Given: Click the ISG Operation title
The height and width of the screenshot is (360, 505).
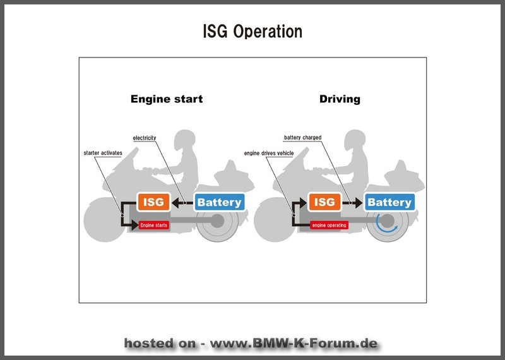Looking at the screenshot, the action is pyautogui.click(x=252, y=32).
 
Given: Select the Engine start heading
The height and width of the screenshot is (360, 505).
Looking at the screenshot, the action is pyautogui.click(x=167, y=99).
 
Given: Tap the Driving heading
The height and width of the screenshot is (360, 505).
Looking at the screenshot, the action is pyautogui.click(x=340, y=99).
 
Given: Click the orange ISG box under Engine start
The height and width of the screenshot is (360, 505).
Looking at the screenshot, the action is pyautogui.click(x=153, y=202).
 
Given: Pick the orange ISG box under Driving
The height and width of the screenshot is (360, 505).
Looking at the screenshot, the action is pyautogui.click(x=324, y=202).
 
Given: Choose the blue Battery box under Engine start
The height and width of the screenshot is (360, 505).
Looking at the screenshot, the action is pyautogui.click(x=219, y=202).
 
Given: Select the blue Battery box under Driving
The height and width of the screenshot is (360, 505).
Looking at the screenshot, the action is pyautogui.click(x=389, y=202).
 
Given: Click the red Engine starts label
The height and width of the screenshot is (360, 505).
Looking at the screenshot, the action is pyautogui.click(x=154, y=225).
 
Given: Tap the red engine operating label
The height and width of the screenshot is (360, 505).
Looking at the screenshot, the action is pyautogui.click(x=329, y=225).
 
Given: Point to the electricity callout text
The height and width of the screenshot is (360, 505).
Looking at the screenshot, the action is pyautogui.click(x=145, y=138).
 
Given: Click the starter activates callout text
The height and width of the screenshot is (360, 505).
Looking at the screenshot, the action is pyautogui.click(x=103, y=153).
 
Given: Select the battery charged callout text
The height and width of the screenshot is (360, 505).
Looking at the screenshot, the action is pyautogui.click(x=303, y=138).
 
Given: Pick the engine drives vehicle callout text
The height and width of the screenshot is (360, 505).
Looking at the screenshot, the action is pyautogui.click(x=269, y=153).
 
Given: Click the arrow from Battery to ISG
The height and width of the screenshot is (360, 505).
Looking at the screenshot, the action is pyautogui.click(x=182, y=203).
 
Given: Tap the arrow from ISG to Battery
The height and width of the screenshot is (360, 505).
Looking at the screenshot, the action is pyautogui.click(x=352, y=203).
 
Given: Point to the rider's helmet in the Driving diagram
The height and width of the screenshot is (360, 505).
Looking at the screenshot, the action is pyautogui.click(x=355, y=140).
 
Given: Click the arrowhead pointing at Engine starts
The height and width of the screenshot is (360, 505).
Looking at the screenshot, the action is pyautogui.click(x=135, y=225).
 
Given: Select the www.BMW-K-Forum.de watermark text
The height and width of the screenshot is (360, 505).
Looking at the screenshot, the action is pyautogui.click(x=294, y=343).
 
